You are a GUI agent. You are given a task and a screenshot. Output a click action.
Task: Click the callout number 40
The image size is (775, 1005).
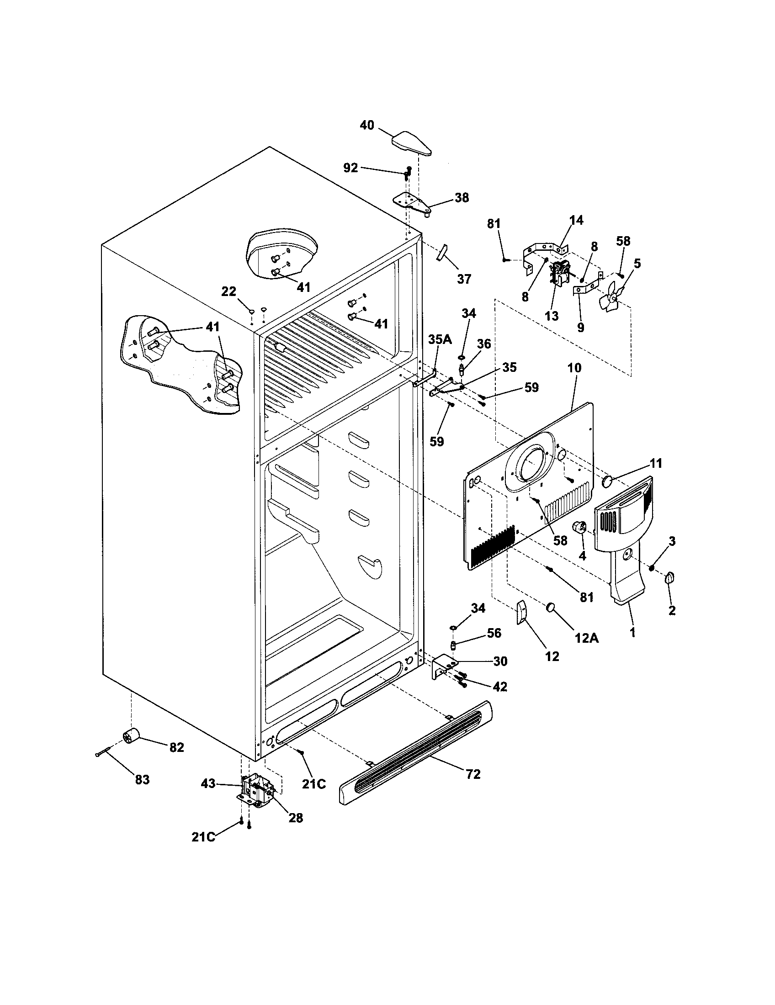coord(367,125)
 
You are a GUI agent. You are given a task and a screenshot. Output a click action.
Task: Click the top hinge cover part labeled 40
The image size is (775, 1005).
coord(412,144)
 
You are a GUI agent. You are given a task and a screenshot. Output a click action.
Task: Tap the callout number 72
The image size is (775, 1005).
coord(472,774)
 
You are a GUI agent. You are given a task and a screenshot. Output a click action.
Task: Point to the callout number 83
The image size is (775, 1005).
coord(142,779)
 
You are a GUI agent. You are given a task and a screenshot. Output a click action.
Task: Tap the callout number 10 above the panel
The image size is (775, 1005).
coord(574,368)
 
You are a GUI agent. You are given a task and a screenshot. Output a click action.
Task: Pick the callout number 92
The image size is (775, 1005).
coord(350,168)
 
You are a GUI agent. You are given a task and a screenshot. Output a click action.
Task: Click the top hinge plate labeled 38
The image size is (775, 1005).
coord(412,203)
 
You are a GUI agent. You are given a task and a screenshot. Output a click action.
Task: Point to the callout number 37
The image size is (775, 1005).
coord(464,279)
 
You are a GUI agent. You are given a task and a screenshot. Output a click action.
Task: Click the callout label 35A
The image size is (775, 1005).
coord(440,339)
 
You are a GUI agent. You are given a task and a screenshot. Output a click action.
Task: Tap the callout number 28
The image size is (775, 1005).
coord(296,818)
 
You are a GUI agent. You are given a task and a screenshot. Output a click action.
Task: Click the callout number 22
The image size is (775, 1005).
coord(229,291)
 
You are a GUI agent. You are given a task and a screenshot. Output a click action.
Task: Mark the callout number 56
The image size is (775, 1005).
coord(494,633)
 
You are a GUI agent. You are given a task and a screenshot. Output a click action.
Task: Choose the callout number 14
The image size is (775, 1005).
coord(576,221)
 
